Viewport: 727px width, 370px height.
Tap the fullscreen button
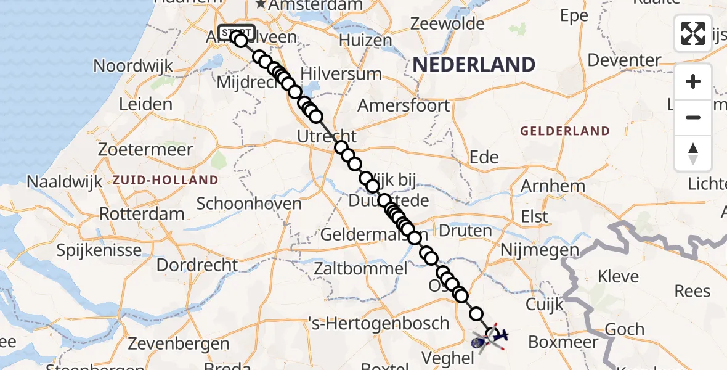point(693,33)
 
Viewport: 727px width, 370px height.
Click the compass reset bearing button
point(693,154)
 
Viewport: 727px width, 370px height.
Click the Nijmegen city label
point(540,250)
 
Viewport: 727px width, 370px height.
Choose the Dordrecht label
point(197,265)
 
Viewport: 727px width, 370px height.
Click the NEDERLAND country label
point(474,65)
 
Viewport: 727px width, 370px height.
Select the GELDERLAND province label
point(565,131)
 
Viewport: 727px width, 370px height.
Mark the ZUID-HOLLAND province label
point(165,180)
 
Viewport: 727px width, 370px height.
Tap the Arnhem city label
point(553,186)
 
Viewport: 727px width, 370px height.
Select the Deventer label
point(624,60)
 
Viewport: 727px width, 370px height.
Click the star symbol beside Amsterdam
point(261,5)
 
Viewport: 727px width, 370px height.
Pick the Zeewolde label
point(448,23)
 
